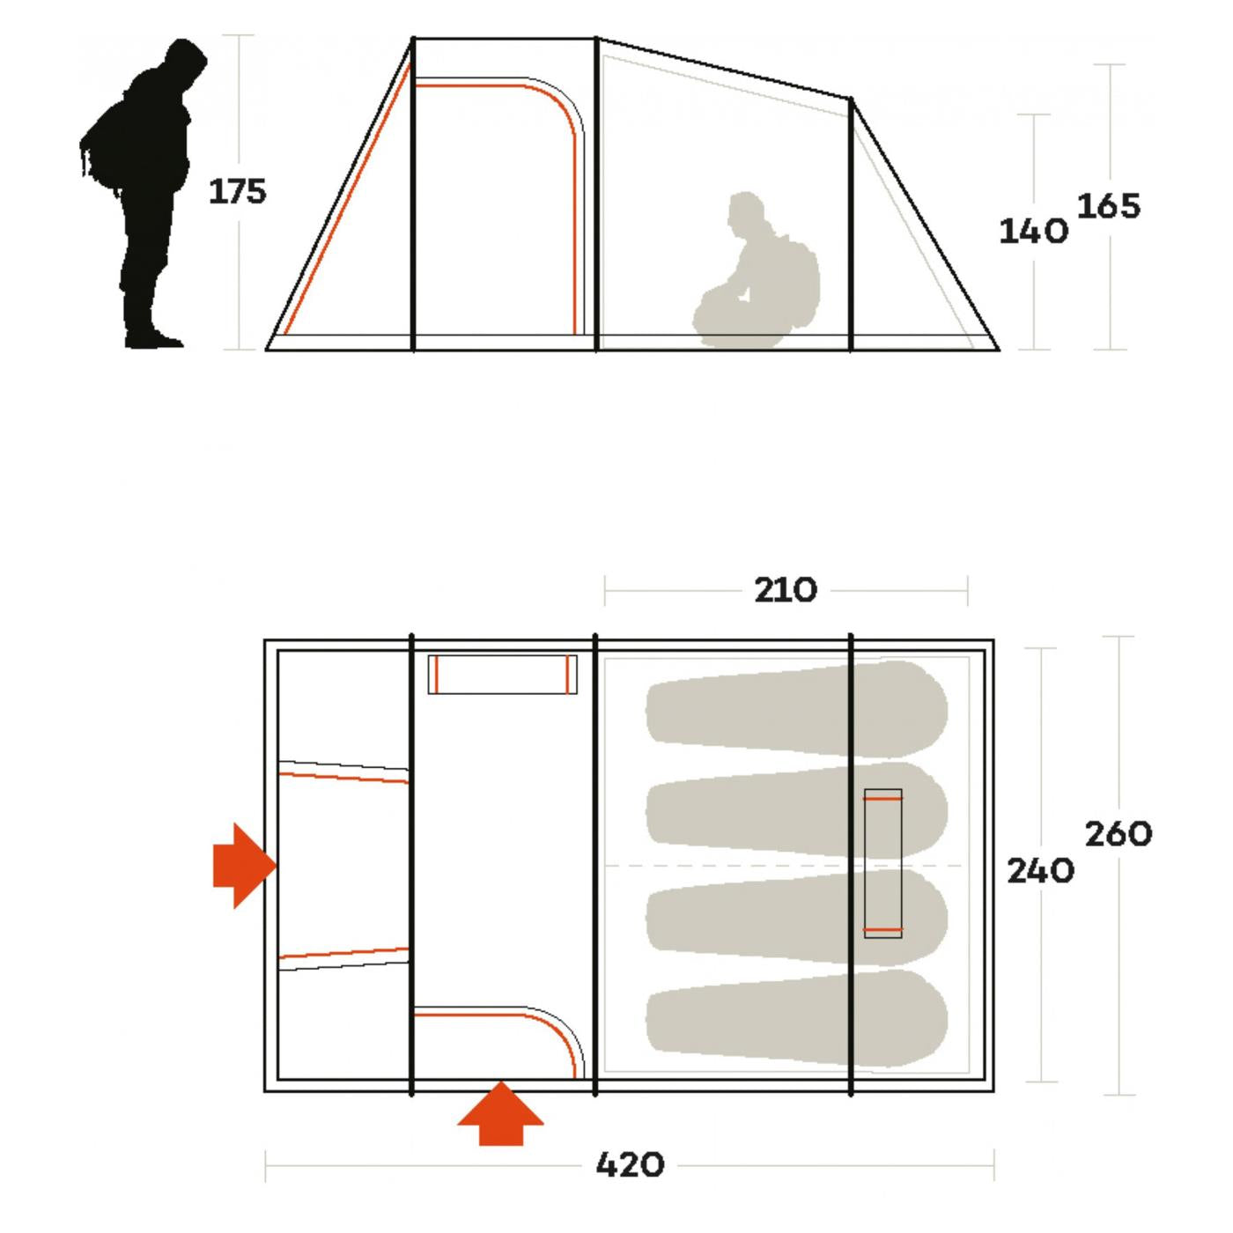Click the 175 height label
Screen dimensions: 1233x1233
238,192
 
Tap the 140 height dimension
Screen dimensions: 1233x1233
1033,231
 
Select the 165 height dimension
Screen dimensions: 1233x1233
1109,206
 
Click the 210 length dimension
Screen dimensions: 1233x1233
786,590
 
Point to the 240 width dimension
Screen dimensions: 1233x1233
1040,871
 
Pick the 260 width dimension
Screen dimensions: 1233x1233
1119,834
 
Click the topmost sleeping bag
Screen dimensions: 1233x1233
797,710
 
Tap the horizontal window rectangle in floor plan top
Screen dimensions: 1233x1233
502,675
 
